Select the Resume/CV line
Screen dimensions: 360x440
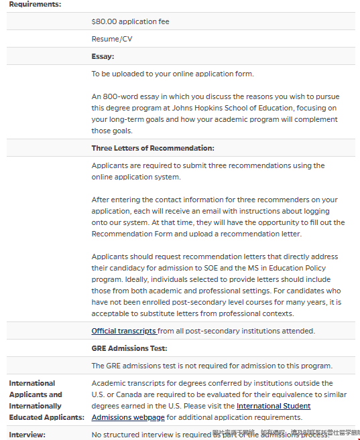point(112,39)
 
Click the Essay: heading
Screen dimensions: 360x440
point(103,56)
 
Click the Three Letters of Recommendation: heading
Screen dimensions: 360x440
point(153,148)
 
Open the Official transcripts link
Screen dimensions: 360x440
point(123,331)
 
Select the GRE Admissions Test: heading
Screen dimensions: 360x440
point(129,348)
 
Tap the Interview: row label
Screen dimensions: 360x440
point(27,435)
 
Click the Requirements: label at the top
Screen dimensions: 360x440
point(35,5)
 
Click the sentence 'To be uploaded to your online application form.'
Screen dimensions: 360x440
point(173,74)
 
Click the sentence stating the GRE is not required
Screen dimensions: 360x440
point(212,366)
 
